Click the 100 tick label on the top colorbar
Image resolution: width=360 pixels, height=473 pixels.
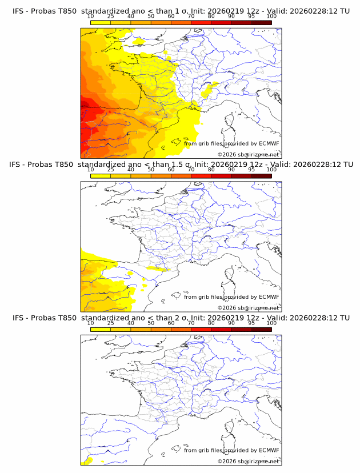271,16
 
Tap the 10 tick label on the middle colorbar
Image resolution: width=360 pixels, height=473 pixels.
90,169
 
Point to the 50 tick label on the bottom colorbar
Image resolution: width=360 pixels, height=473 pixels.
151,323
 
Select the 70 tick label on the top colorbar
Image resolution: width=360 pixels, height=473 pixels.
191,16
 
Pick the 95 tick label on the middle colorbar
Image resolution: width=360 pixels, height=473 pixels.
251,169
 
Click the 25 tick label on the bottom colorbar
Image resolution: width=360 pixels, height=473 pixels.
110,323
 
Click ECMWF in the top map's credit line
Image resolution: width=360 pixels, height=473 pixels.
269,144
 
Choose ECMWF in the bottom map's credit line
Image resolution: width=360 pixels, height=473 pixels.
269,450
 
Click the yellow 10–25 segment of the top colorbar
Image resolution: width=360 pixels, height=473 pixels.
101,22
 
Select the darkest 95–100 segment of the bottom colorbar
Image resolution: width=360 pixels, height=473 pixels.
262,328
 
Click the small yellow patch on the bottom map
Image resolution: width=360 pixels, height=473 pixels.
88,460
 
